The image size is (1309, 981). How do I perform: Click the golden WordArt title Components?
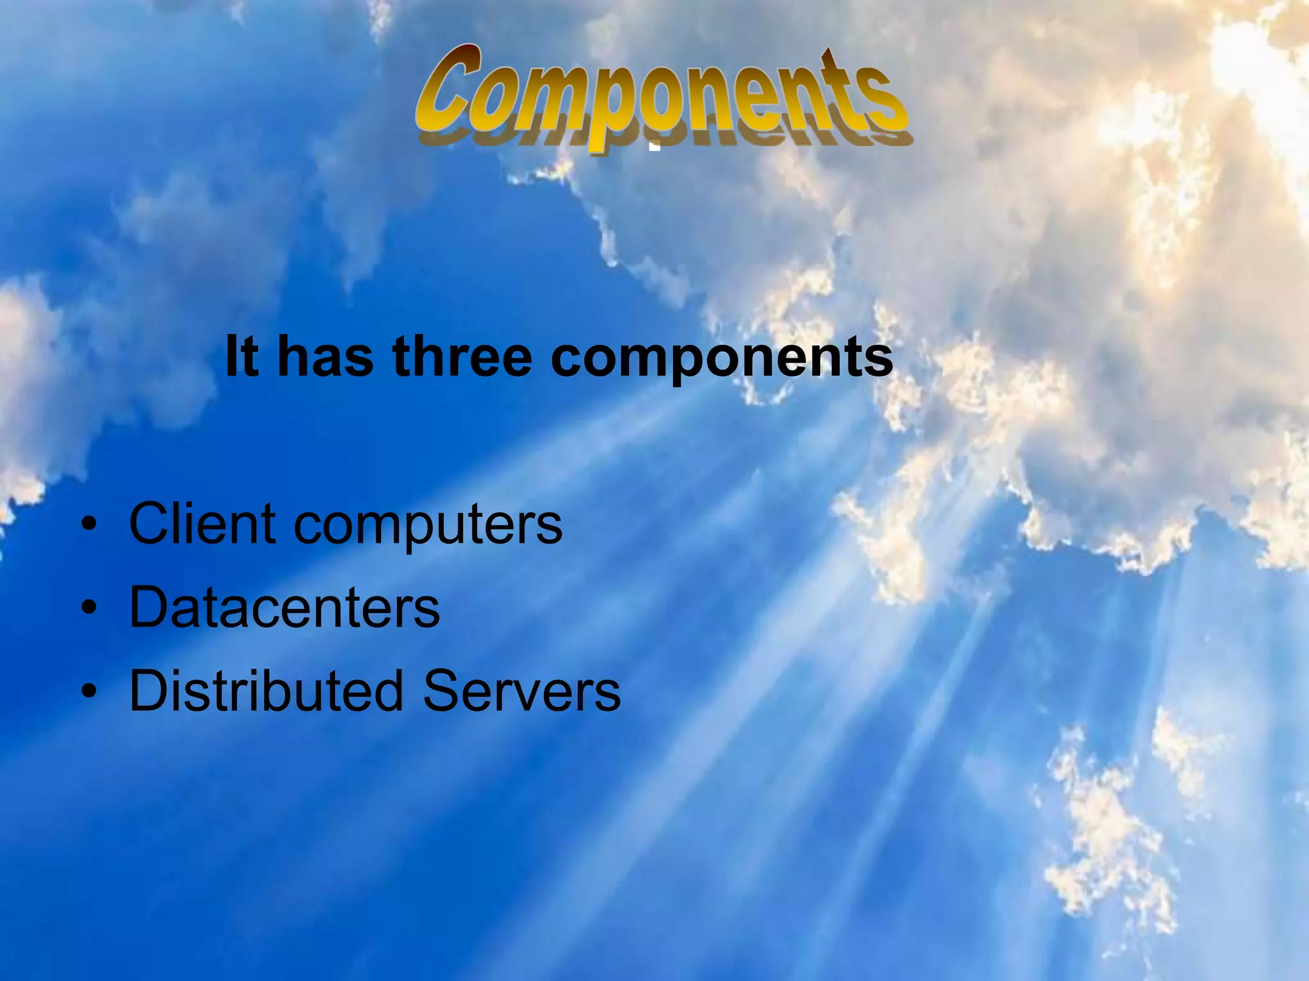click(662, 96)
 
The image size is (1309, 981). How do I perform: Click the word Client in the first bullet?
click(203, 524)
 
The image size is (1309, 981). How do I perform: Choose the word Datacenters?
click(284, 607)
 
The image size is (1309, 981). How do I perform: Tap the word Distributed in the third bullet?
click(267, 690)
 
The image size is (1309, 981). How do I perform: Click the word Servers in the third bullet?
click(522, 690)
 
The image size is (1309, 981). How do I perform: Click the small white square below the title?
click(654, 146)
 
